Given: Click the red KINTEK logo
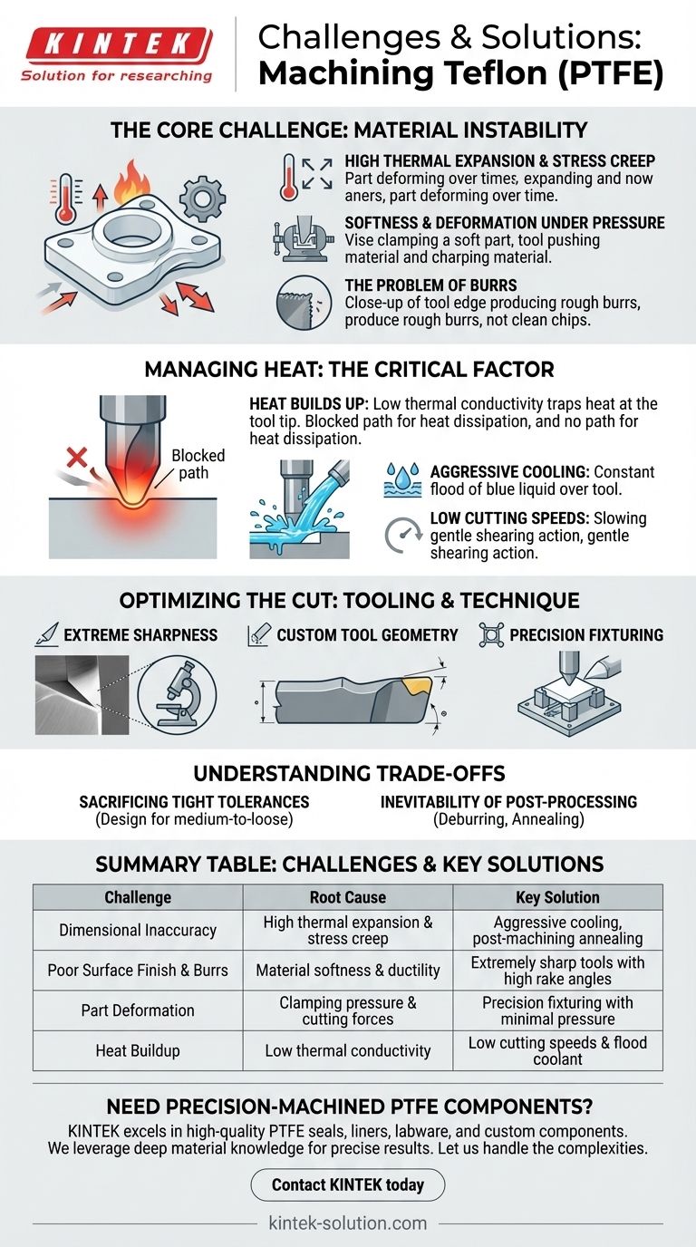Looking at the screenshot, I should pyautogui.click(x=117, y=43).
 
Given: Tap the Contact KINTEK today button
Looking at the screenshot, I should pyautogui.click(x=348, y=1184).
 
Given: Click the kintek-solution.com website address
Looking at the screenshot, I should pyautogui.click(x=348, y=1223).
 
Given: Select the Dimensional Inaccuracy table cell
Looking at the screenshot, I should pyautogui.click(x=138, y=930).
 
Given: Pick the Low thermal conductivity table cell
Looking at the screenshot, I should pyautogui.click(x=348, y=1051).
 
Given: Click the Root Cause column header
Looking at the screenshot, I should pyautogui.click(x=348, y=897).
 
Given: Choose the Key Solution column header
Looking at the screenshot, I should pyautogui.click(x=557, y=897).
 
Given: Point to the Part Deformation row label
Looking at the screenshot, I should pyautogui.click(x=138, y=1010).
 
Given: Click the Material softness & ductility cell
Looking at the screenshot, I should pyautogui.click(x=348, y=971).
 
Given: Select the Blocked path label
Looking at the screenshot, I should pyautogui.click(x=198, y=464).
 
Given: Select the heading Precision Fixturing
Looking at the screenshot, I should pyautogui.click(x=585, y=635).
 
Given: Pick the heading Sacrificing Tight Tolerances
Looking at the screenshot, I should pyautogui.click(x=194, y=802).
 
